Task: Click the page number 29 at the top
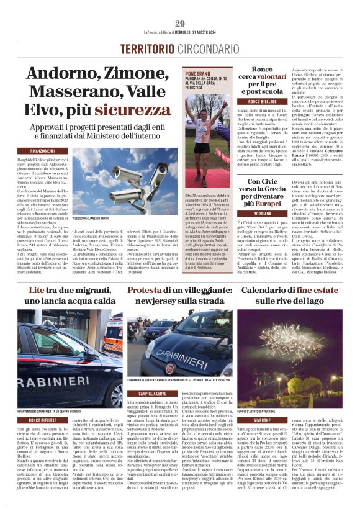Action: [179, 24]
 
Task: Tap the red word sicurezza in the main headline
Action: [128, 111]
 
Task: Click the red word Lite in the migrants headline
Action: [37, 290]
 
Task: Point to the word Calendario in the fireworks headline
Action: [268, 290]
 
